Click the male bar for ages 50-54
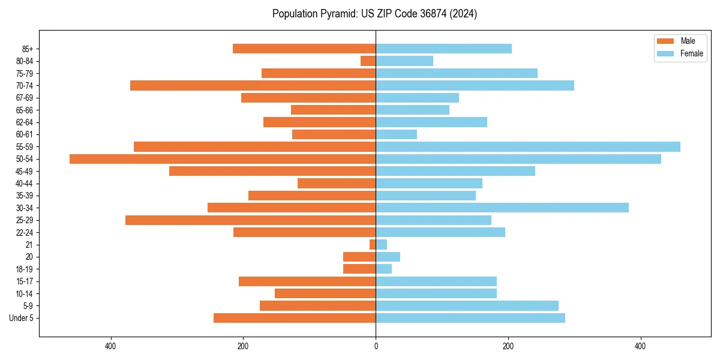(222, 159)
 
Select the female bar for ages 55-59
(528, 147)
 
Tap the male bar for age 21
(373, 245)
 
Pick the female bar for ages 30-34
(502, 208)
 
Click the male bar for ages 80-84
(368, 61)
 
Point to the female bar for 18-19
(383, 269)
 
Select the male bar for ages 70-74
(253, 86)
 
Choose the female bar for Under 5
(470, 318)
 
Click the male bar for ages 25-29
(250, 220)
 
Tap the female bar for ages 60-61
(396, 134)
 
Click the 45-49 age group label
(24, 172)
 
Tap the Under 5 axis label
(21, 318)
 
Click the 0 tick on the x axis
(376, 346)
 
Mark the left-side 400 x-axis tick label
(110, 346)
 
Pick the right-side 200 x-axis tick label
(508, 346)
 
